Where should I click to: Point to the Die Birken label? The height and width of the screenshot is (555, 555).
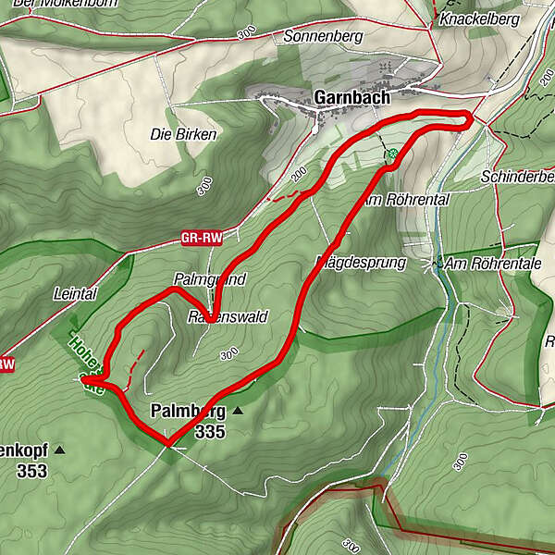tap(183, 134)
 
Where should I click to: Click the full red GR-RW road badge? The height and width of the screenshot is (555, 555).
tap(203, 239)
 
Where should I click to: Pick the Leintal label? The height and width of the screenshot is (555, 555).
tap(76, 293)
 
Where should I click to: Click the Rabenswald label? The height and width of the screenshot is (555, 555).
tap(227, 316)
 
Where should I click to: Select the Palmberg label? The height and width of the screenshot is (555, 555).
tap(189, 411)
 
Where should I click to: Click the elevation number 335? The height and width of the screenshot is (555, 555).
tap(210, 430)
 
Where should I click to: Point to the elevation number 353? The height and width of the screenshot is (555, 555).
tap(31, 470)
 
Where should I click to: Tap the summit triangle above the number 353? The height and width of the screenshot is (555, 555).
tap(60, 450)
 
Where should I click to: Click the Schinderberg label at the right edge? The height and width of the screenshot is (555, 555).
tap(518, 177)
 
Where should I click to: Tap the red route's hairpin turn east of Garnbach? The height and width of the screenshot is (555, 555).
tap(469, 117)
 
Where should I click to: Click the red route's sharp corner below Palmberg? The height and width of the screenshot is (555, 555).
tap(167, 444)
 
